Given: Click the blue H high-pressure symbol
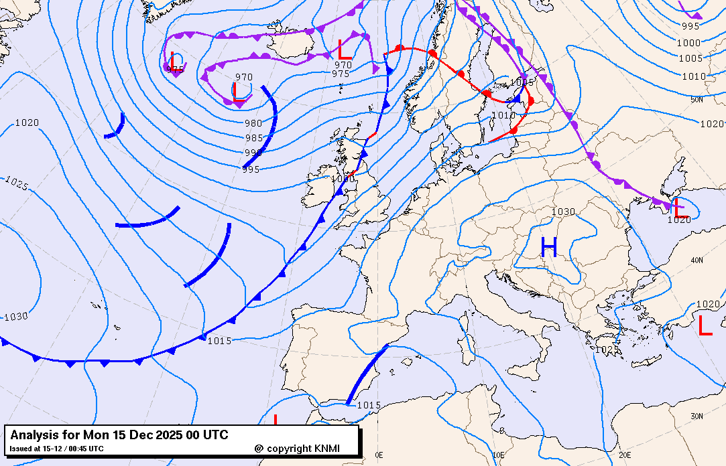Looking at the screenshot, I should coord(549,248).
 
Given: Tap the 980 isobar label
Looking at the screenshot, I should coord(253,123).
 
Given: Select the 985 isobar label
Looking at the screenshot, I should coord(254,138).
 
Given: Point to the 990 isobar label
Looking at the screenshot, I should coord(253,153).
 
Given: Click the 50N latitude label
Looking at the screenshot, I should coord(697,100).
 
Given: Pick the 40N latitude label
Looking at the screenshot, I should coord(697,260).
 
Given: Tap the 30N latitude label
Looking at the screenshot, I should coord(697,416).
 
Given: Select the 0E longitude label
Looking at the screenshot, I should coord(379,455).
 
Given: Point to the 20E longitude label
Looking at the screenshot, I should coord(625,455).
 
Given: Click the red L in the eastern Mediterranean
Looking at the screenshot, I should coord(705,326).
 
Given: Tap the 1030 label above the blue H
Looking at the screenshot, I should coord(563,212).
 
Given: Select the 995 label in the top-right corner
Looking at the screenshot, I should coord(690,26).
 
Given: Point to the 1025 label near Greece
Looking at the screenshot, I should coord(606,349).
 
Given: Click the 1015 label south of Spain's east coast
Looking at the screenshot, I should coord(369,405).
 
